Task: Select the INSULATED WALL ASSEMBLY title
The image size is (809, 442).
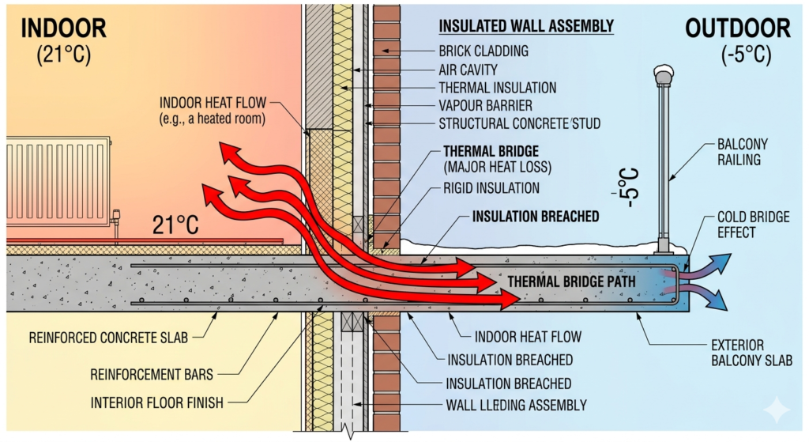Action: (x=525, y=26)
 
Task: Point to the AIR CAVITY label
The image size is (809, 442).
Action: (x=471, y=70)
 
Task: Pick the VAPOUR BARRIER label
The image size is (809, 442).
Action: (x=485, y=105)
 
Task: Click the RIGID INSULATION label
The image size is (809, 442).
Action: (x=491, y=188)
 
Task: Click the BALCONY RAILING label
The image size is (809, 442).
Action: (x=742, y=152)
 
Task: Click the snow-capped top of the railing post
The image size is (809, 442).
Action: (x=664, y=74)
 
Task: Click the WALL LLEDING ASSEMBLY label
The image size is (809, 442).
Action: (x=517, y=406)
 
